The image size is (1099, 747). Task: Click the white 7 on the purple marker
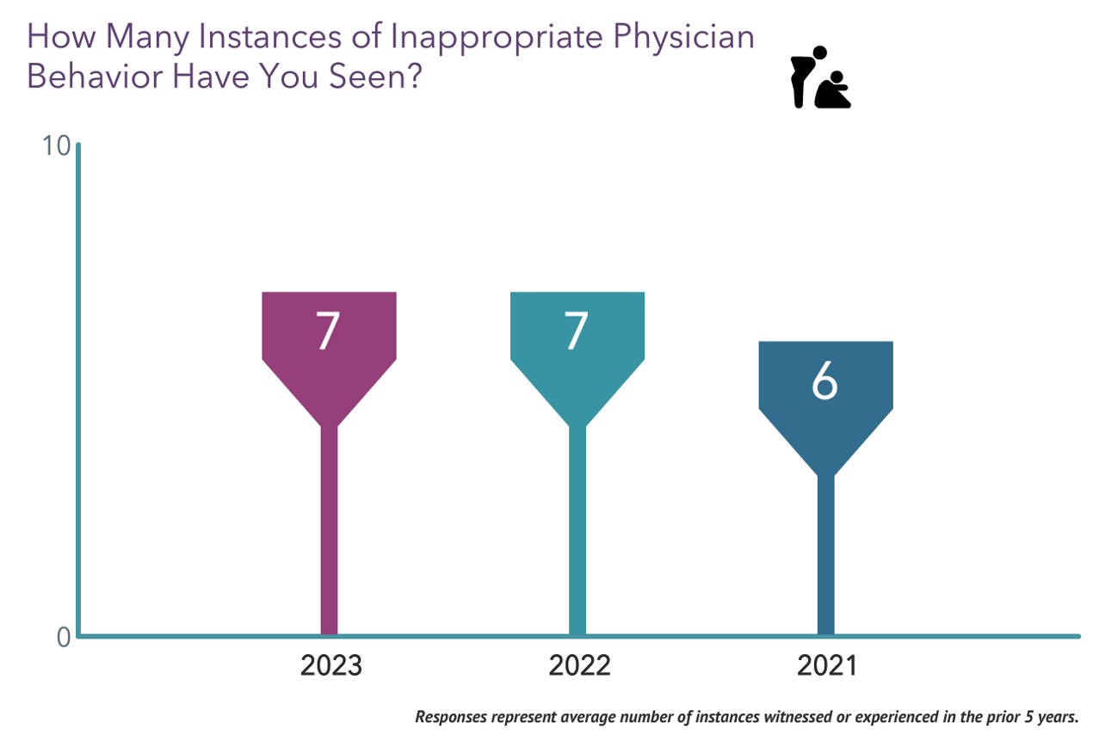327,331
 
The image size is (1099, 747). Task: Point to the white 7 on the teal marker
576,331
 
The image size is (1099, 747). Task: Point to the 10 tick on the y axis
56,146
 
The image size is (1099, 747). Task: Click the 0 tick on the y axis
63,638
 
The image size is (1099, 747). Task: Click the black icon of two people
820,78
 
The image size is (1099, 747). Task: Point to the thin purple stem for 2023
329,534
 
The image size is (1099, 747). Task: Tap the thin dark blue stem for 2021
825,559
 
